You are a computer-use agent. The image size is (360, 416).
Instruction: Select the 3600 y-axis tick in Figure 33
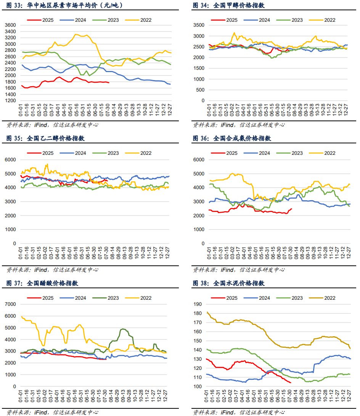[x=11, y=25]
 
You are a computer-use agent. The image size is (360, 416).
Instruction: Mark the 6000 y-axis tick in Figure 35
[x=11, y=159]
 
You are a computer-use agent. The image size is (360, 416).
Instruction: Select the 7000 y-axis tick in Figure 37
[x=11, y=304]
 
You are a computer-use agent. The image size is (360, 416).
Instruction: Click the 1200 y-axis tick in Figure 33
[x=11, y=100]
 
